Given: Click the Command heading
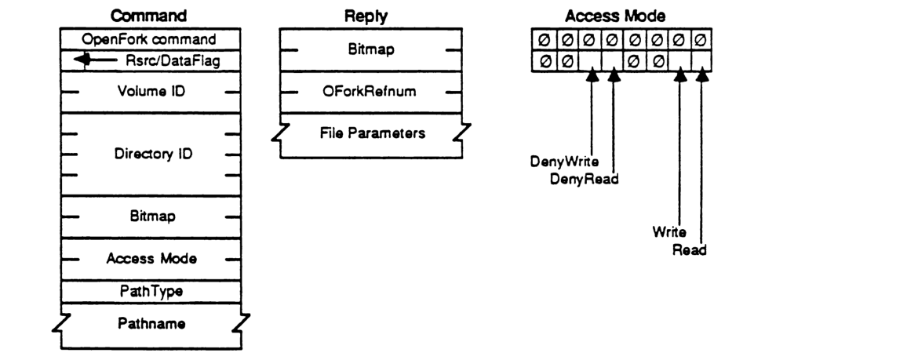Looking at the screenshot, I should point(150,15).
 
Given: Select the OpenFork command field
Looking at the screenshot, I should point(151,38).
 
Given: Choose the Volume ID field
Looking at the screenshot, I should point(150,92).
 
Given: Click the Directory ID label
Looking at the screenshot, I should point(150,154).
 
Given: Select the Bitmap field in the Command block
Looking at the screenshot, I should point(150,215).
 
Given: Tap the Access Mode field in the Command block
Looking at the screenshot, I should point(150,258).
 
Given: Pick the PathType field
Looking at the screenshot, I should point(150,291).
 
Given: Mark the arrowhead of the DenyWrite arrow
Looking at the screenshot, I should point(592,77).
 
